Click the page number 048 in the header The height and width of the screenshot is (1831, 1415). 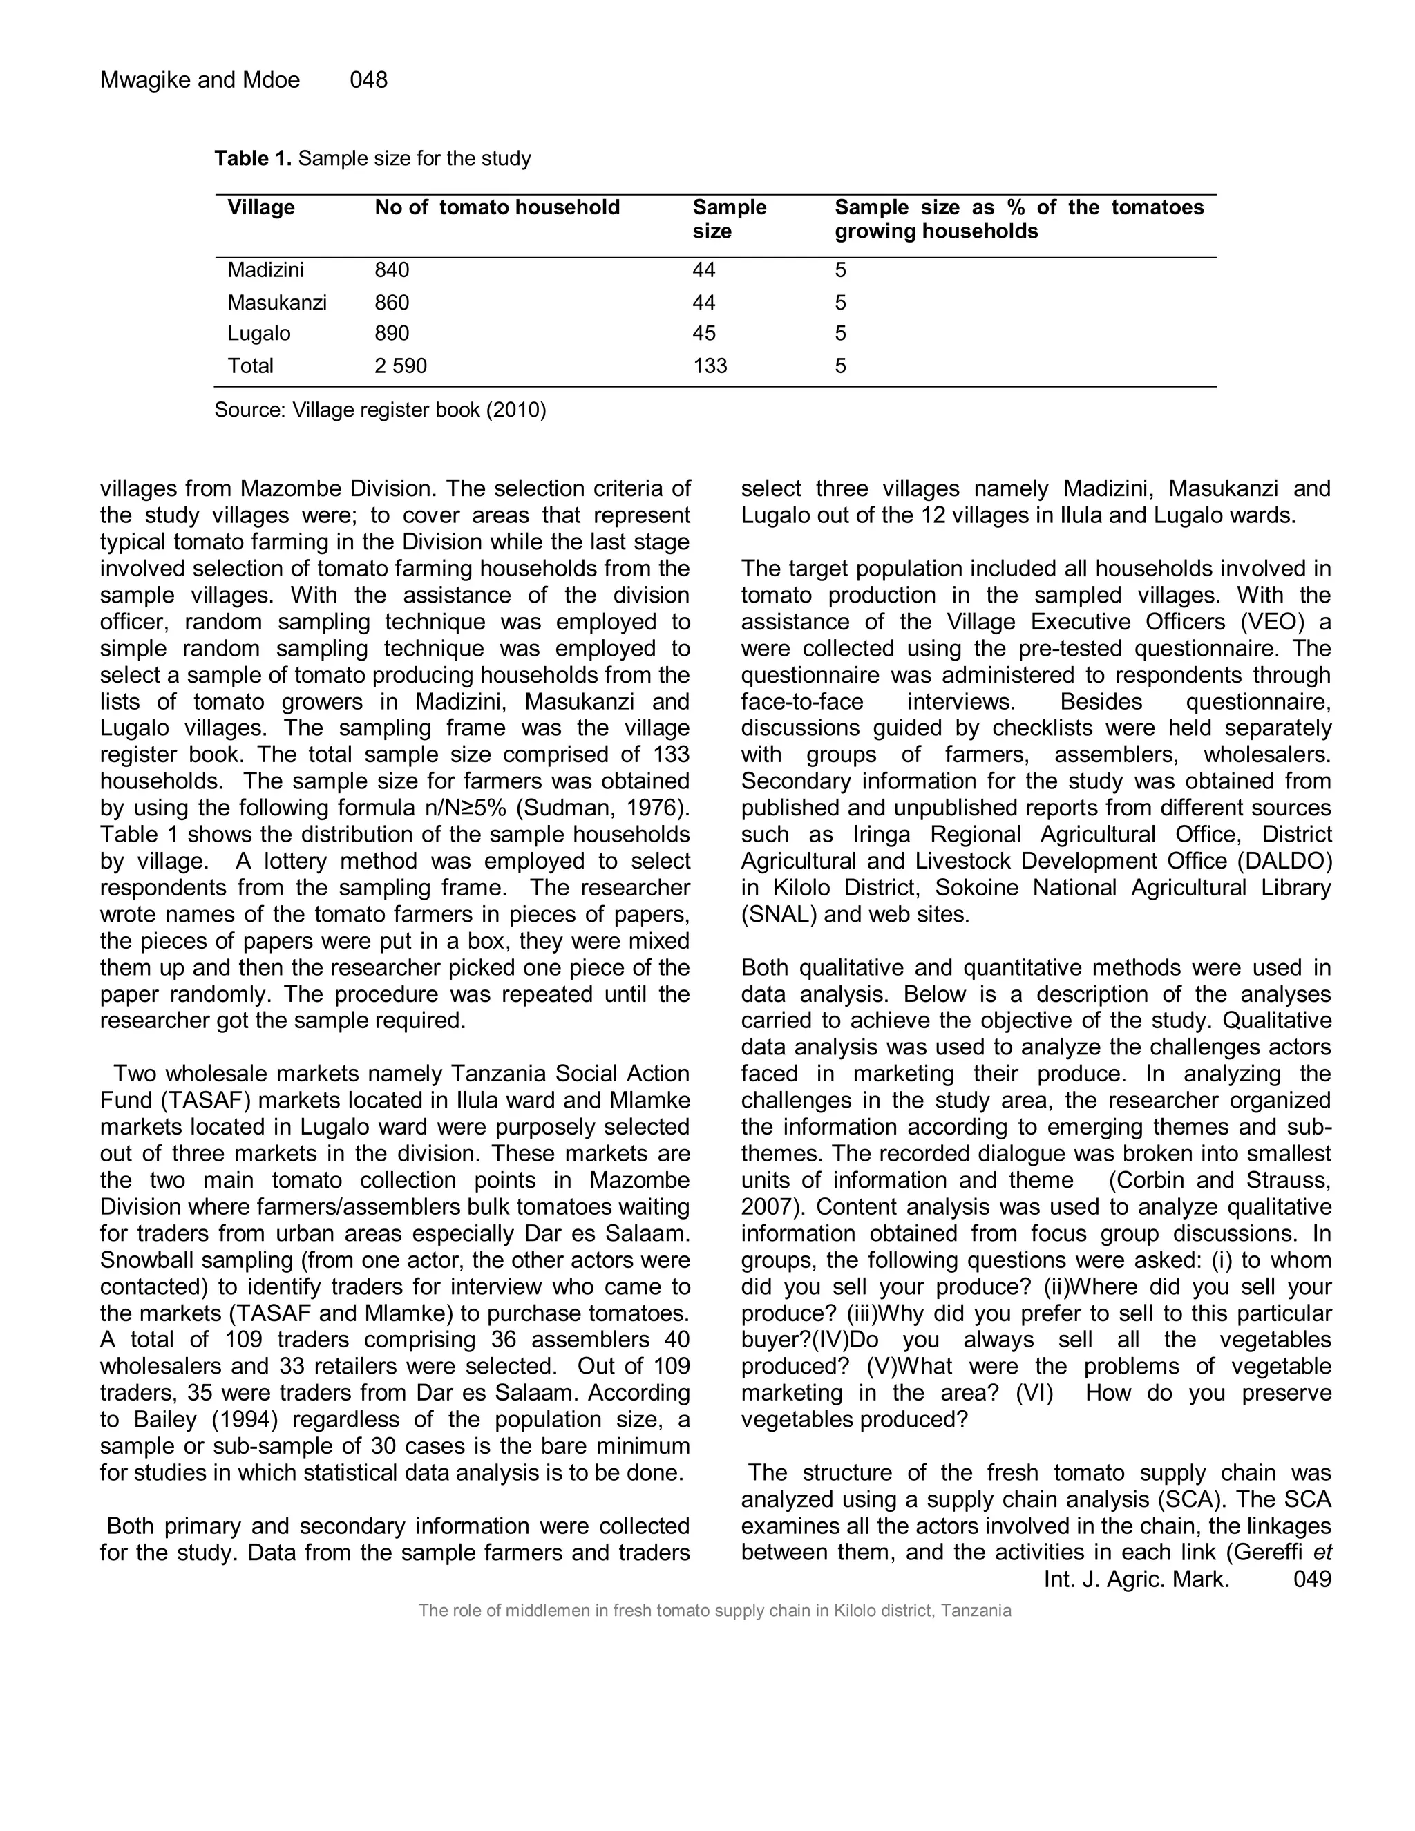368,79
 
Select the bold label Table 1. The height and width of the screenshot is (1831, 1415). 252,158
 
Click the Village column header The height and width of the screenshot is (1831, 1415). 260,208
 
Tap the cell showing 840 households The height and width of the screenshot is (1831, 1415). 392,270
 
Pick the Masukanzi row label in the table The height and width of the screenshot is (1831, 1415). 276,303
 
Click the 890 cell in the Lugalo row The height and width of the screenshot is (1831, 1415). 392,334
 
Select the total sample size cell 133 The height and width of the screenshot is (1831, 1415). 710,366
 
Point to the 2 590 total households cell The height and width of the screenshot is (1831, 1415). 401,366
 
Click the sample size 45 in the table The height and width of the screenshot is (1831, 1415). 704,334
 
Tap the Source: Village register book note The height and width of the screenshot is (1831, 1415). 380,410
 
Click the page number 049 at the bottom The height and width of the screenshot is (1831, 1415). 1312,1579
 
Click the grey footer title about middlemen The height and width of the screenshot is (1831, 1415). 714,1611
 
